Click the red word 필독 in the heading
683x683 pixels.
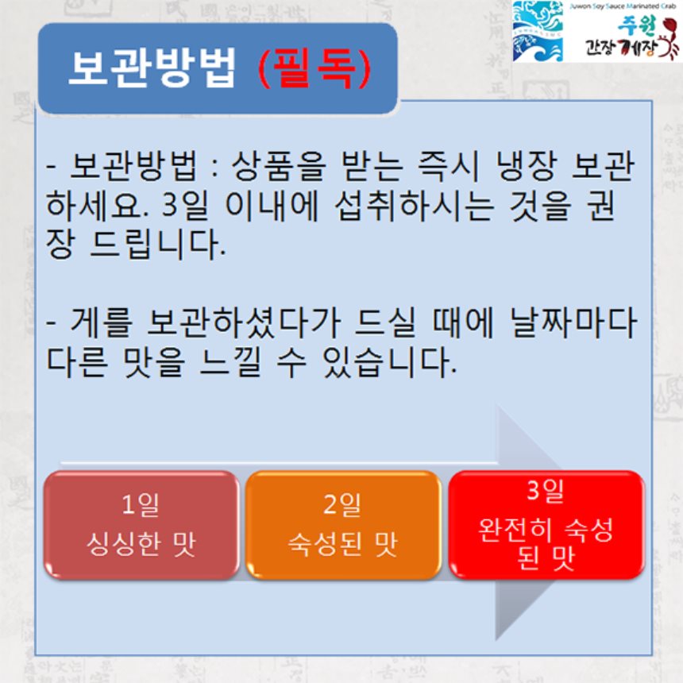[x=314, y=69]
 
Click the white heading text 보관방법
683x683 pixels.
[x=152, y=68]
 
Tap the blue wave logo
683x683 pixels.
[x=538, y=31]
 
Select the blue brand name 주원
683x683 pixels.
[x=636, y=27]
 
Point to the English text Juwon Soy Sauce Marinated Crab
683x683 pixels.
[x=623, y=6]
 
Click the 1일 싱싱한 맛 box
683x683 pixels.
[x=141, y=525]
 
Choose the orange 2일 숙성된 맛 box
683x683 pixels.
[x=343, y=525]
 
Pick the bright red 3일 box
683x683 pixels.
[x=546, y=525]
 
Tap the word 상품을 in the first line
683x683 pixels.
[x=277, y=167]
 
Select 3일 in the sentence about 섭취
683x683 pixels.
[x=185, y=206]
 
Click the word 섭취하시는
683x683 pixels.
[x=415, y=206]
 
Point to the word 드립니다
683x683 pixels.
[x=158, y=245]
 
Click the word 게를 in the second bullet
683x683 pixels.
[x=101, y=323]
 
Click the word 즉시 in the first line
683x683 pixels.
[x=448, y=167]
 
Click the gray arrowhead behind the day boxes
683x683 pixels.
[x=529, y=523]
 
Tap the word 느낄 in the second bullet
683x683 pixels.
[x=230, y=362]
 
